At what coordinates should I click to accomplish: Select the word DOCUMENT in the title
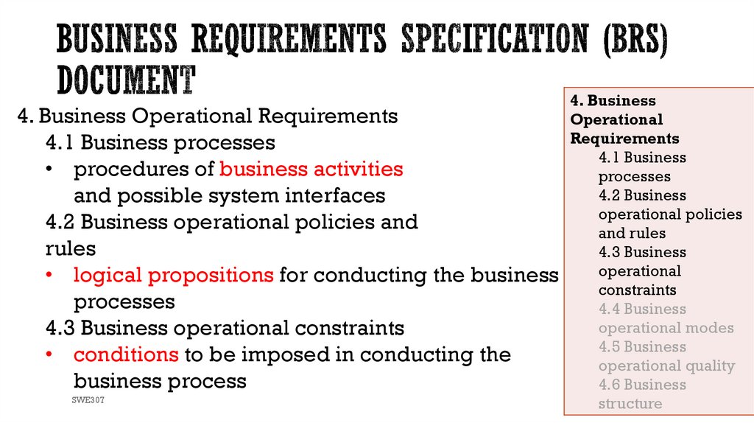pos(127,80)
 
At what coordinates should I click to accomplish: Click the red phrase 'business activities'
pos(311,169)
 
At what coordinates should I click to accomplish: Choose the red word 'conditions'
pos(126,354)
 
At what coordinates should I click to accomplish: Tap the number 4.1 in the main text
pos(60,142)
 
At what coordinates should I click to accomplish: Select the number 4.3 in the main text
pos(60,327)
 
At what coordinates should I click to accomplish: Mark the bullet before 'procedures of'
pos(49,169)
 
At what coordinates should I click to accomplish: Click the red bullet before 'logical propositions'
pos(49,276)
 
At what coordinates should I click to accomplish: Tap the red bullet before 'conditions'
pos(49,354)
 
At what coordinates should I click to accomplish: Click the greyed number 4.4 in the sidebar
pos(609,309)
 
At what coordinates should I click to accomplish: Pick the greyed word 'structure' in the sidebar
pos(630,404)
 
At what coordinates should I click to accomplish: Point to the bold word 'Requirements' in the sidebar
pos(625,139)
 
